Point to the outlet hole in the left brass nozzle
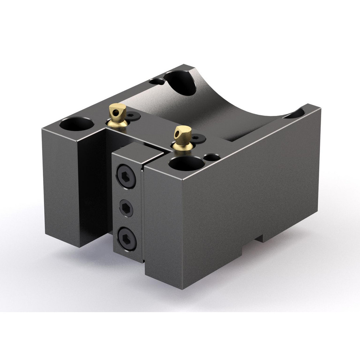point(115,113)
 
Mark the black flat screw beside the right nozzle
point(198,138)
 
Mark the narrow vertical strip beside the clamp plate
point(143,212)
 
